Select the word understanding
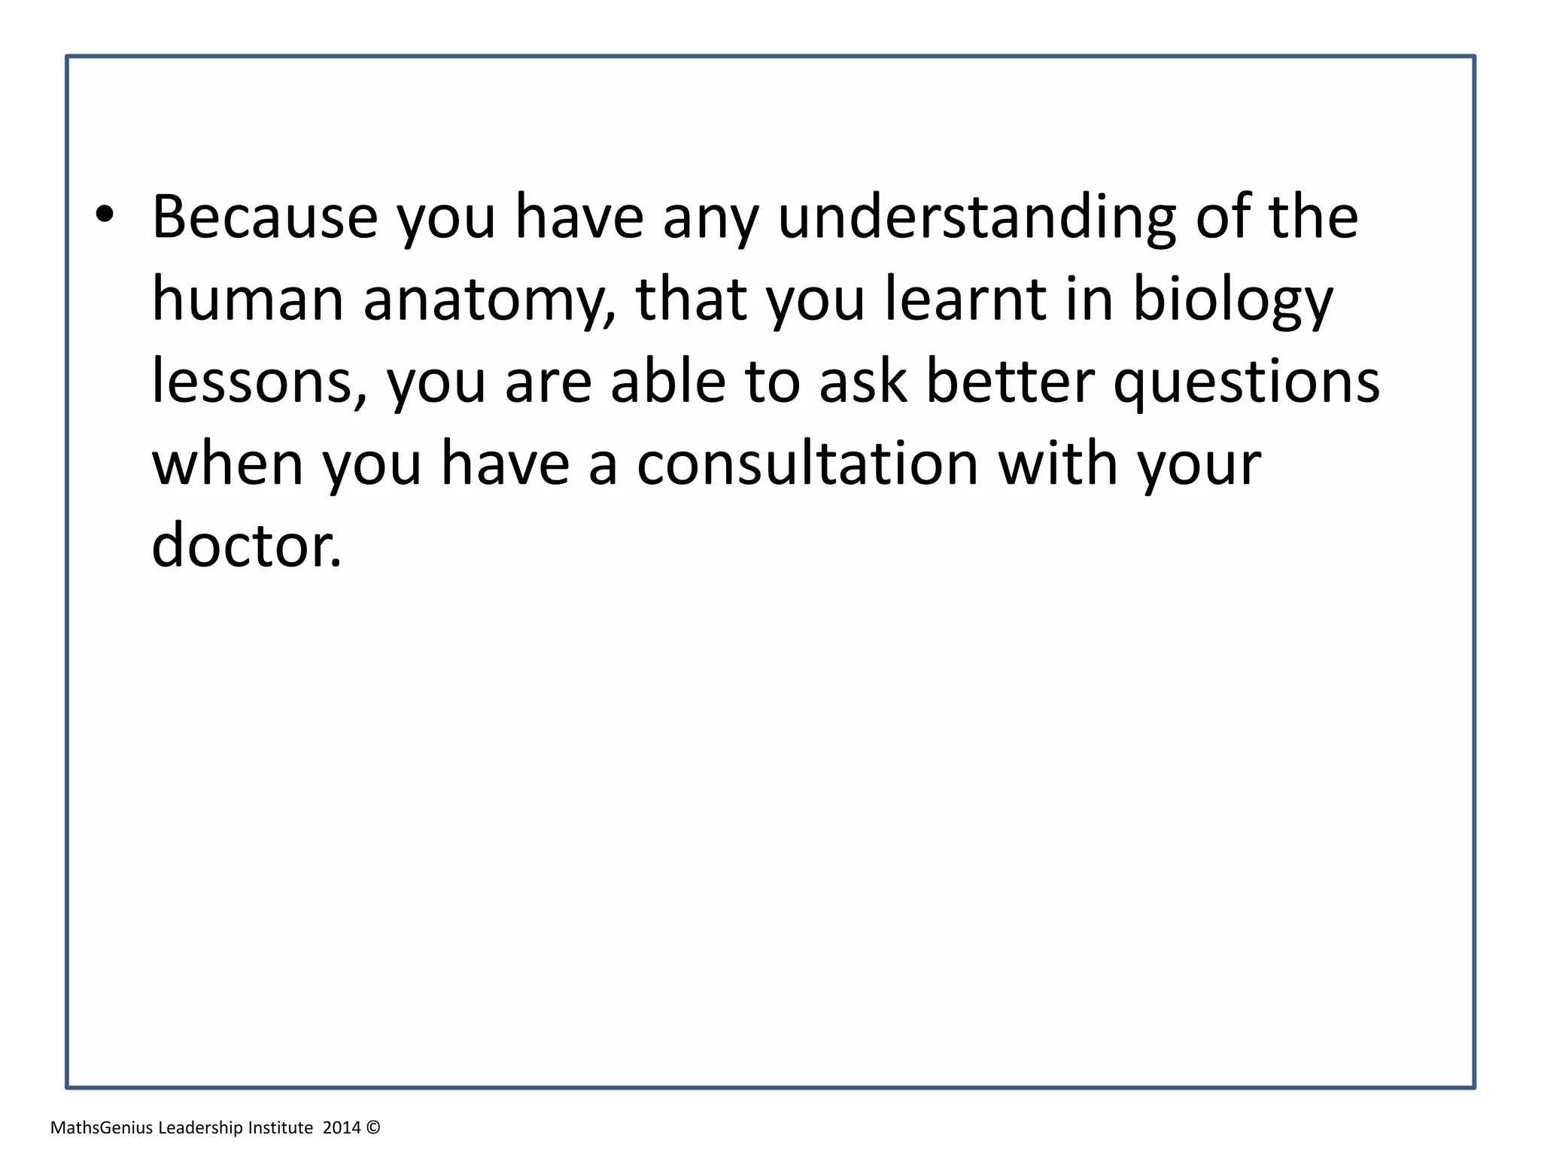977,218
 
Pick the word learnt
965,299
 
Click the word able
668,381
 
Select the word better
1010,381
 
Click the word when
228,464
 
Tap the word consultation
807,464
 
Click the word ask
863,381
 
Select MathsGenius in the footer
102,1127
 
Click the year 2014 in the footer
342,1127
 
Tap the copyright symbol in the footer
374,1127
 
